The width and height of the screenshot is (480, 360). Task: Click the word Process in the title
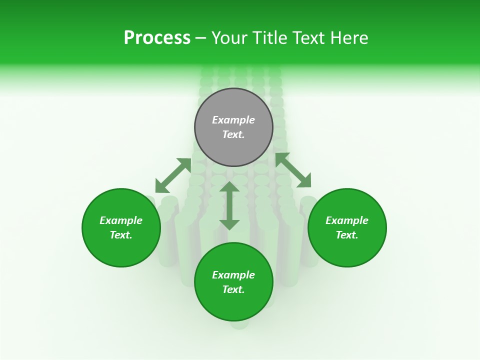(x=157, y=38)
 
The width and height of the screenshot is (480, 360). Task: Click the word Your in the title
(x=230, y=38)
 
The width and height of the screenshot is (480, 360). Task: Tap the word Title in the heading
(x=270, y=38)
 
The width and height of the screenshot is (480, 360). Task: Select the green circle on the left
(x=121, y=250)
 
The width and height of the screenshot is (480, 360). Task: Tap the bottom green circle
(x=233, y=305)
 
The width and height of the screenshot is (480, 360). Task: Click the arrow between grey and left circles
(x=173, y=175)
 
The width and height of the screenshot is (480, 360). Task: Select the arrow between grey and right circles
(x=293, y=170)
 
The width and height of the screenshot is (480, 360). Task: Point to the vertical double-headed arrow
(x=229, y=205)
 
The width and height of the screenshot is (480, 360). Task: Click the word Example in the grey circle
(x=233, y=120)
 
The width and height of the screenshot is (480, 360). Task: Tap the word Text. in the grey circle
(x=233, y=134)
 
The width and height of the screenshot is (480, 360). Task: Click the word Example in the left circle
(x=121, y=220)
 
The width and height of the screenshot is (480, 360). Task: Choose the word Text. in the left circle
(x=121, y=235)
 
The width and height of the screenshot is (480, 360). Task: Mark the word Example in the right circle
(x=347, y=220)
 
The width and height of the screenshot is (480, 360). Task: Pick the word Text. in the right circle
(x=347, y=235)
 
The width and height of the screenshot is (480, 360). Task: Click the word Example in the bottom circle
(x=233, y=275)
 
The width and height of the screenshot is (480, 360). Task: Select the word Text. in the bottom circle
(x=233, y=289)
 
